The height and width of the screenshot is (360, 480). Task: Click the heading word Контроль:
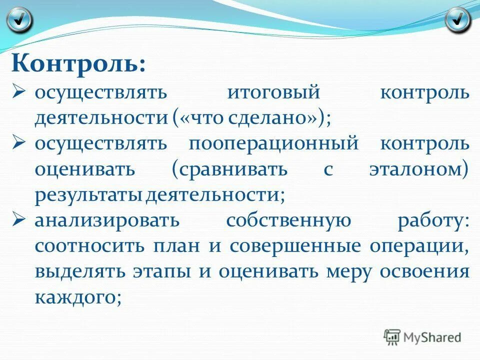click(x=79, y=64)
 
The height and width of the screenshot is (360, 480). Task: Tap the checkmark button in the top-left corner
click(x=19, y=20)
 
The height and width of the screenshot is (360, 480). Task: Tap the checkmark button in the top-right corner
click(x=457, y=20)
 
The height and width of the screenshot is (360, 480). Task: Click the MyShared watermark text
click(x=432, y=337)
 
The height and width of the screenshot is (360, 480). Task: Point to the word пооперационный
click(x=273, y=143)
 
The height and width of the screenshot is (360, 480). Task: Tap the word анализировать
click(x=106, y=220)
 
